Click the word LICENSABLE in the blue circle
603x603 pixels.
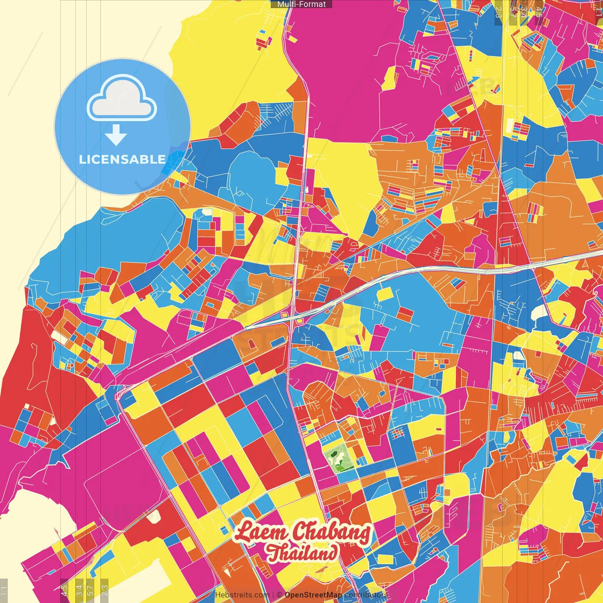[x=122, y=159]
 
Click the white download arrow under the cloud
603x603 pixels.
[x=116, y=135]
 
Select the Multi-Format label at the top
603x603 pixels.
[x=301, y=4]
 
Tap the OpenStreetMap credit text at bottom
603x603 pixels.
[x=313, y=595]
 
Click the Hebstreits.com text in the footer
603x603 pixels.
[x=242, y=595]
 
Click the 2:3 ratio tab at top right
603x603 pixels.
[x=498, y=10]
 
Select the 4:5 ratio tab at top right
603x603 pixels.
[x=538, y=10]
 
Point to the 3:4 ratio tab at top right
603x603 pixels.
[x=523, y=10]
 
